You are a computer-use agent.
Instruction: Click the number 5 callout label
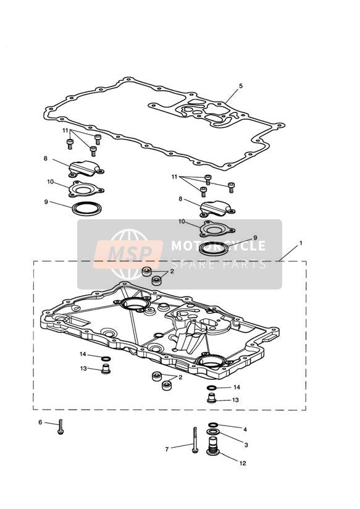tap(241, 86)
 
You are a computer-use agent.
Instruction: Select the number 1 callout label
tap(301, 243)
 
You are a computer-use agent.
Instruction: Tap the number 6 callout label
tap(40, 423)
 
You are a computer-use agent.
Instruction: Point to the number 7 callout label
tap(167, 450)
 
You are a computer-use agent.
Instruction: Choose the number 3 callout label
tap(246, 445)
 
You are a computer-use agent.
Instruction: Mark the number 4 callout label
tap(245, 429)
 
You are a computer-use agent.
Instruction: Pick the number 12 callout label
tap(243, 463)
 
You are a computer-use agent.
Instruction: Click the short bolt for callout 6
tap(61, 427)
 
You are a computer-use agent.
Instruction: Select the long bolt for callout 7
tap(195, 440)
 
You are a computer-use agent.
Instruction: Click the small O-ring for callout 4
tap(213, 424)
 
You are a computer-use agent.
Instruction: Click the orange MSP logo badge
tap(128, 255)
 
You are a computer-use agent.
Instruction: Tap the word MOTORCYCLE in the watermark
tap(218, 246)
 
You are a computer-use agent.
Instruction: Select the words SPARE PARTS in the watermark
tap(218, 264)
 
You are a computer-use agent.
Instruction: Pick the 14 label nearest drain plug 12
tap(237, 387)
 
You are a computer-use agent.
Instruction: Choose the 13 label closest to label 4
tap(235, 400)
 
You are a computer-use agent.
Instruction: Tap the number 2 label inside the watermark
tap(172, 271)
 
